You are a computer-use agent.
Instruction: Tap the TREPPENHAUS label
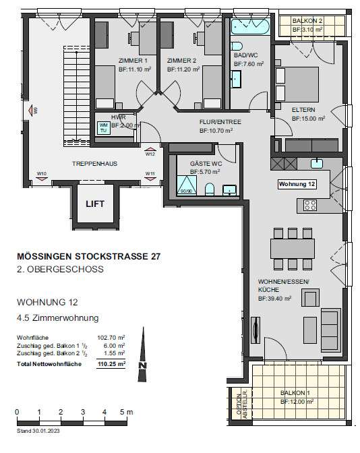coord(91,164)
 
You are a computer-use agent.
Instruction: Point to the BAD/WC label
coord(246,55)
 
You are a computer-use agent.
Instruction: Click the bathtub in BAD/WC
coord(249,28)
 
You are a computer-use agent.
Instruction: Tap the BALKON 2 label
coord(308,21)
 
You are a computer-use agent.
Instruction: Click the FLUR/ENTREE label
coord(216,122)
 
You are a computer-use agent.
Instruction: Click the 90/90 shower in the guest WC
coord(185,183)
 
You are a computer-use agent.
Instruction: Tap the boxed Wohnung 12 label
coord(297,184)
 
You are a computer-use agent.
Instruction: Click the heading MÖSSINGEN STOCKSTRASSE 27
coord(88,256)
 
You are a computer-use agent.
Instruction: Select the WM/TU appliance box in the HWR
coord(104,127)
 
